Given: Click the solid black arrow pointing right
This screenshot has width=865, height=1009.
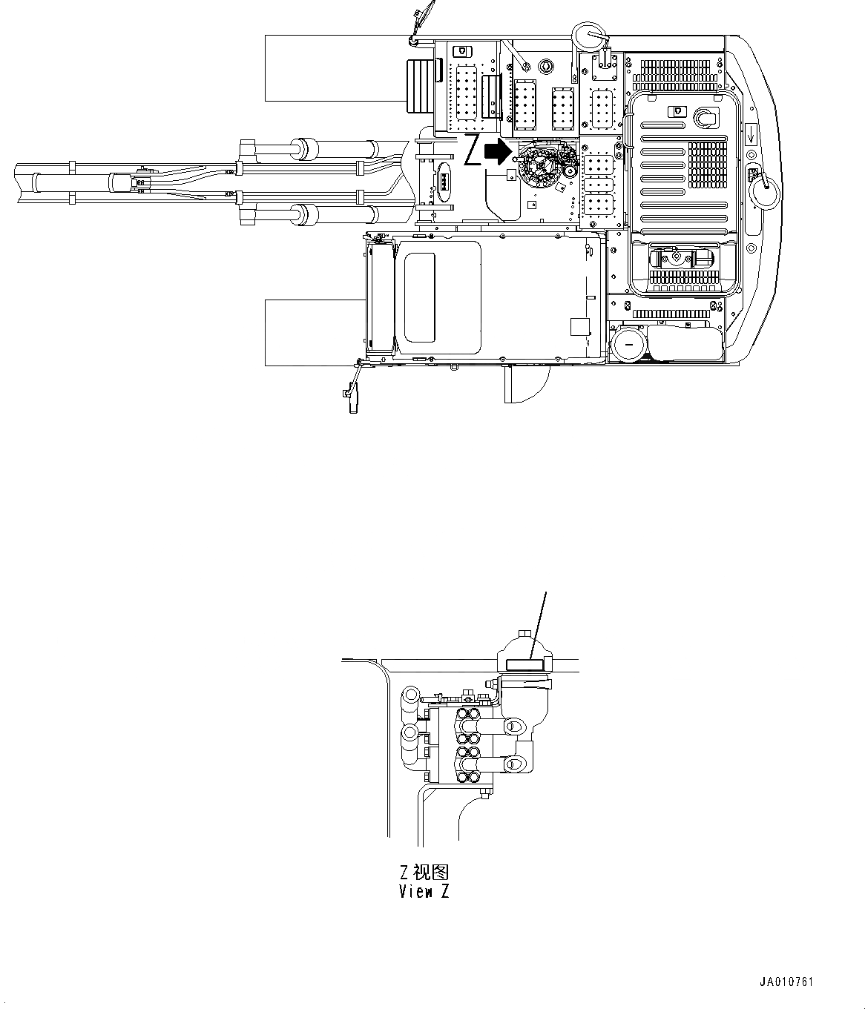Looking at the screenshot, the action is [498, 152].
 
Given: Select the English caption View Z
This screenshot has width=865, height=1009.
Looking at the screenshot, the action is [424, 892].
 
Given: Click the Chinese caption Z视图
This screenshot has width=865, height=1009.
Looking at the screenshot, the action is [424, 872].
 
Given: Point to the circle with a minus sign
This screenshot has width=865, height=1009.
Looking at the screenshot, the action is [629, 343].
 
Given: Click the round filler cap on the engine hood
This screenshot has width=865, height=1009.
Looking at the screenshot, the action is [704, 116].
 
